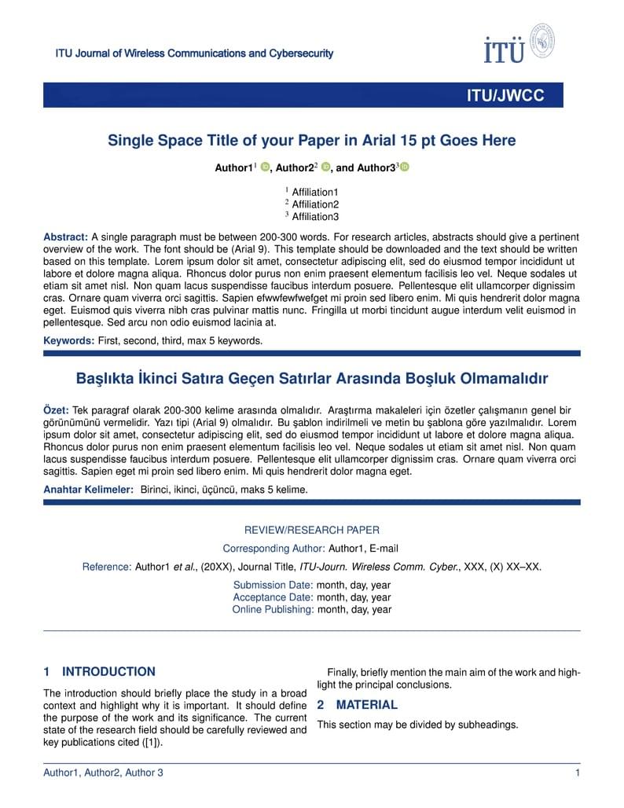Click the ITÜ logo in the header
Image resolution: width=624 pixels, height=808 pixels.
519,44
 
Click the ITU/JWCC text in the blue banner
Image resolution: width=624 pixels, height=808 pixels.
505,96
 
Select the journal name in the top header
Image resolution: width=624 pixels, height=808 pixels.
194,54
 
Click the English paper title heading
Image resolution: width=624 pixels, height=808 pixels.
311,141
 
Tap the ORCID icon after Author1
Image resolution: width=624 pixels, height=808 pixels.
265,167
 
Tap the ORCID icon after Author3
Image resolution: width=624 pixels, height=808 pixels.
405,167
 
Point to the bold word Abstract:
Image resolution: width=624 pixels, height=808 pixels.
65,237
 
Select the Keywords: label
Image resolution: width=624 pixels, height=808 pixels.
68,341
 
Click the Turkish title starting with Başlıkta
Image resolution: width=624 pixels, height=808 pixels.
311,379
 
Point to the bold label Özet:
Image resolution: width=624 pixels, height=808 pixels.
56,410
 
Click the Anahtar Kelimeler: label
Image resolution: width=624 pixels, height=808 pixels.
88,490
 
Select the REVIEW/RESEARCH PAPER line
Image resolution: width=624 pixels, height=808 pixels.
311,531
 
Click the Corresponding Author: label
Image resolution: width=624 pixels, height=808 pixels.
273,549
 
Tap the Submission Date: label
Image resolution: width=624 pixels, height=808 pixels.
273,586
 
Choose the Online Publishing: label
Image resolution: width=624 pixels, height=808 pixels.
272,610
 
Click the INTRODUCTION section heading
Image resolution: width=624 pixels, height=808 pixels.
108,672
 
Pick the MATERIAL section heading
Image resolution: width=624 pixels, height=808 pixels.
366,705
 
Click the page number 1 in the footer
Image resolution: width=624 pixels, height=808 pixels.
578,773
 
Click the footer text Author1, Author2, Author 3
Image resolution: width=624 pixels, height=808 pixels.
103,773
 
